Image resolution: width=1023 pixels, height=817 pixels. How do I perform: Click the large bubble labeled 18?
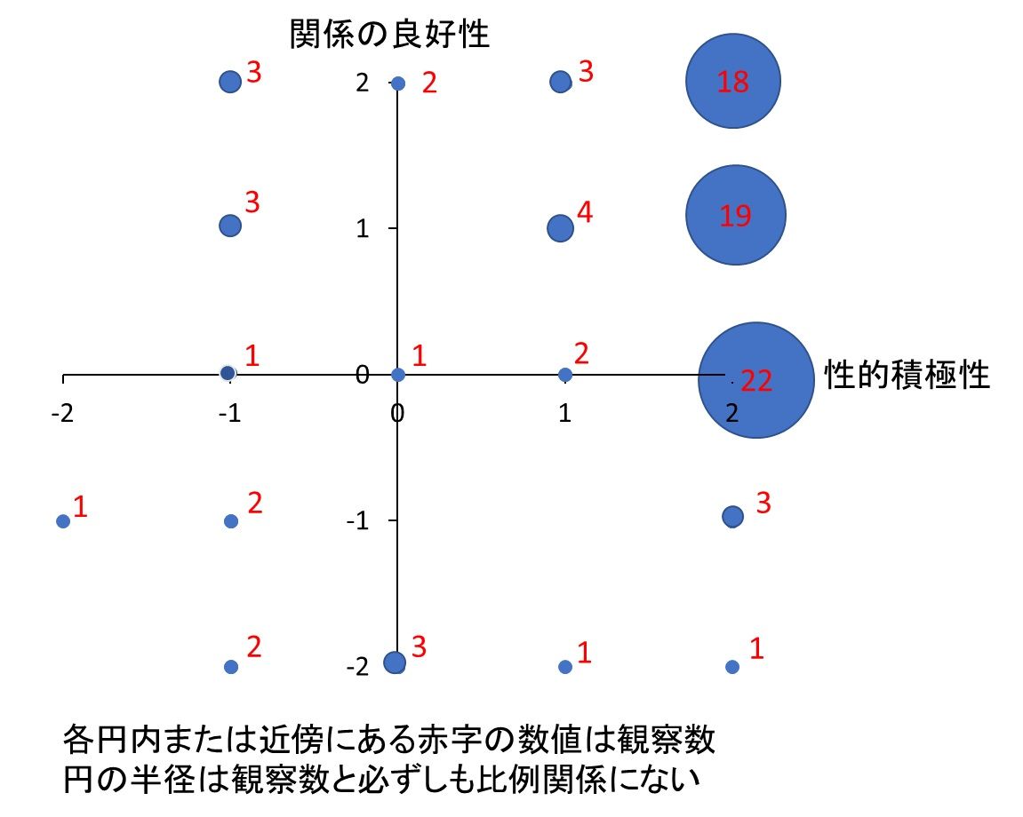pos(733,81)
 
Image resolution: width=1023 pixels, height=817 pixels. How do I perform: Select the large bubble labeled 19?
pos(735,215)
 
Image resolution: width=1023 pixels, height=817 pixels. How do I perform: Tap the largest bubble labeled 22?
pos(755,379)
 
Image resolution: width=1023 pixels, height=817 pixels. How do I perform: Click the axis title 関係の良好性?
pos(390,35)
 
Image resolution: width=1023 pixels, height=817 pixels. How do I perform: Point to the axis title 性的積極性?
pos(907,375)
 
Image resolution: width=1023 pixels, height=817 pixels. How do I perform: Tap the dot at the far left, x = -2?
pos(63,521)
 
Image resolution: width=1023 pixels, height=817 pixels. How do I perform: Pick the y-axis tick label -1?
pos(357,520)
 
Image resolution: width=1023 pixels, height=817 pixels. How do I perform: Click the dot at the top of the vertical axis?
pos(398,83)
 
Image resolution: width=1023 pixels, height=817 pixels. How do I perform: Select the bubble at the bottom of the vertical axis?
pos(394,662)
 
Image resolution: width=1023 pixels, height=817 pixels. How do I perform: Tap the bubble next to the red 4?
pos(560,228)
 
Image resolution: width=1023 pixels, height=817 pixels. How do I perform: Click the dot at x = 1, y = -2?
pos(564,666)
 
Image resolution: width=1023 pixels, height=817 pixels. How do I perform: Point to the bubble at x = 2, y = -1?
pos(732,516)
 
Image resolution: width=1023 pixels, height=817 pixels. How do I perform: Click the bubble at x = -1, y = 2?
pos(230,82)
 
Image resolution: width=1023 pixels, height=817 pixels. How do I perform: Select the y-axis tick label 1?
pos(363,228)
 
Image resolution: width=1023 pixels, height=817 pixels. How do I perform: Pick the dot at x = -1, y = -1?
pos(231,521)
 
